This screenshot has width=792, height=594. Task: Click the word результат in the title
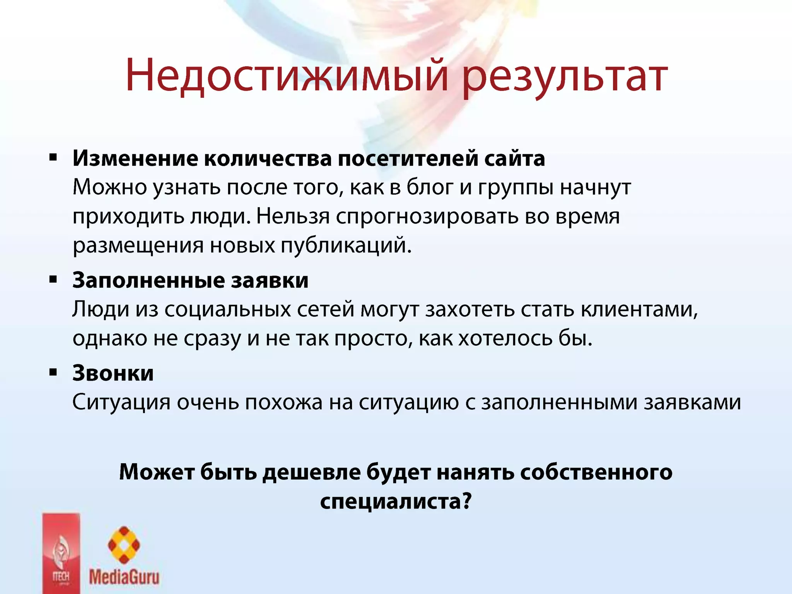[x=565, y=77]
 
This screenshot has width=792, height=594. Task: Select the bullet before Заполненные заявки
[x=53, y=279]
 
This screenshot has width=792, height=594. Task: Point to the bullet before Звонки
[x=53, y=372]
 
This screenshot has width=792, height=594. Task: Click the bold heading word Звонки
[x=113, y=373]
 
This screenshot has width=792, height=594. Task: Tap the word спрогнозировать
[x=427, y=217]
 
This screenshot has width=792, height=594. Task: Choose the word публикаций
[x=346, y=246]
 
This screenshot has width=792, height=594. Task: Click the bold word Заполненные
[x=148, y=280]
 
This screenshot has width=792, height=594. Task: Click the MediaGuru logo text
[x=124, y=577]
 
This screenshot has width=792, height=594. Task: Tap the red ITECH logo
[x=61, y=553]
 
